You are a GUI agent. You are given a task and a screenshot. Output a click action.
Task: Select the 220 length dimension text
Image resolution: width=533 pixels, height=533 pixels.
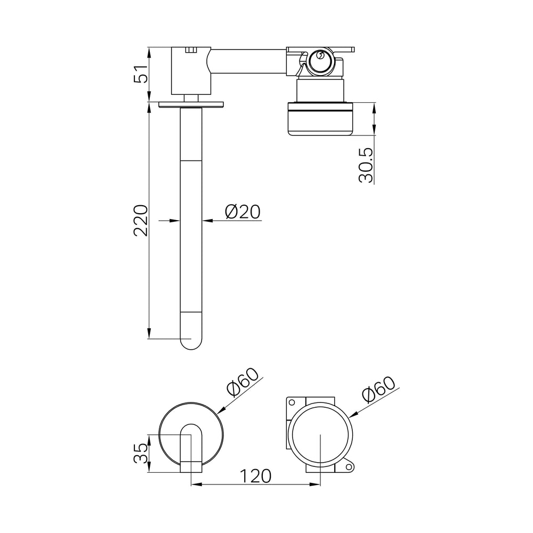tap(141, 220)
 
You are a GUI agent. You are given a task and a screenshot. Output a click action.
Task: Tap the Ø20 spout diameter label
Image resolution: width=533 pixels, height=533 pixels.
tap(243, 212)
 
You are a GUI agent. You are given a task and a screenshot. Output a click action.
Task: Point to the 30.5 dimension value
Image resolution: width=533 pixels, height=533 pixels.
tap(366, 165)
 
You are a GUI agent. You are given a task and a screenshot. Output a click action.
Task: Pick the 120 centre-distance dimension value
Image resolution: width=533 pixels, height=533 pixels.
tap(256, 476)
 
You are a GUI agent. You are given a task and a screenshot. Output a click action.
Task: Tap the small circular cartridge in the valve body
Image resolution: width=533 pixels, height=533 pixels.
tap(319, 61)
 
